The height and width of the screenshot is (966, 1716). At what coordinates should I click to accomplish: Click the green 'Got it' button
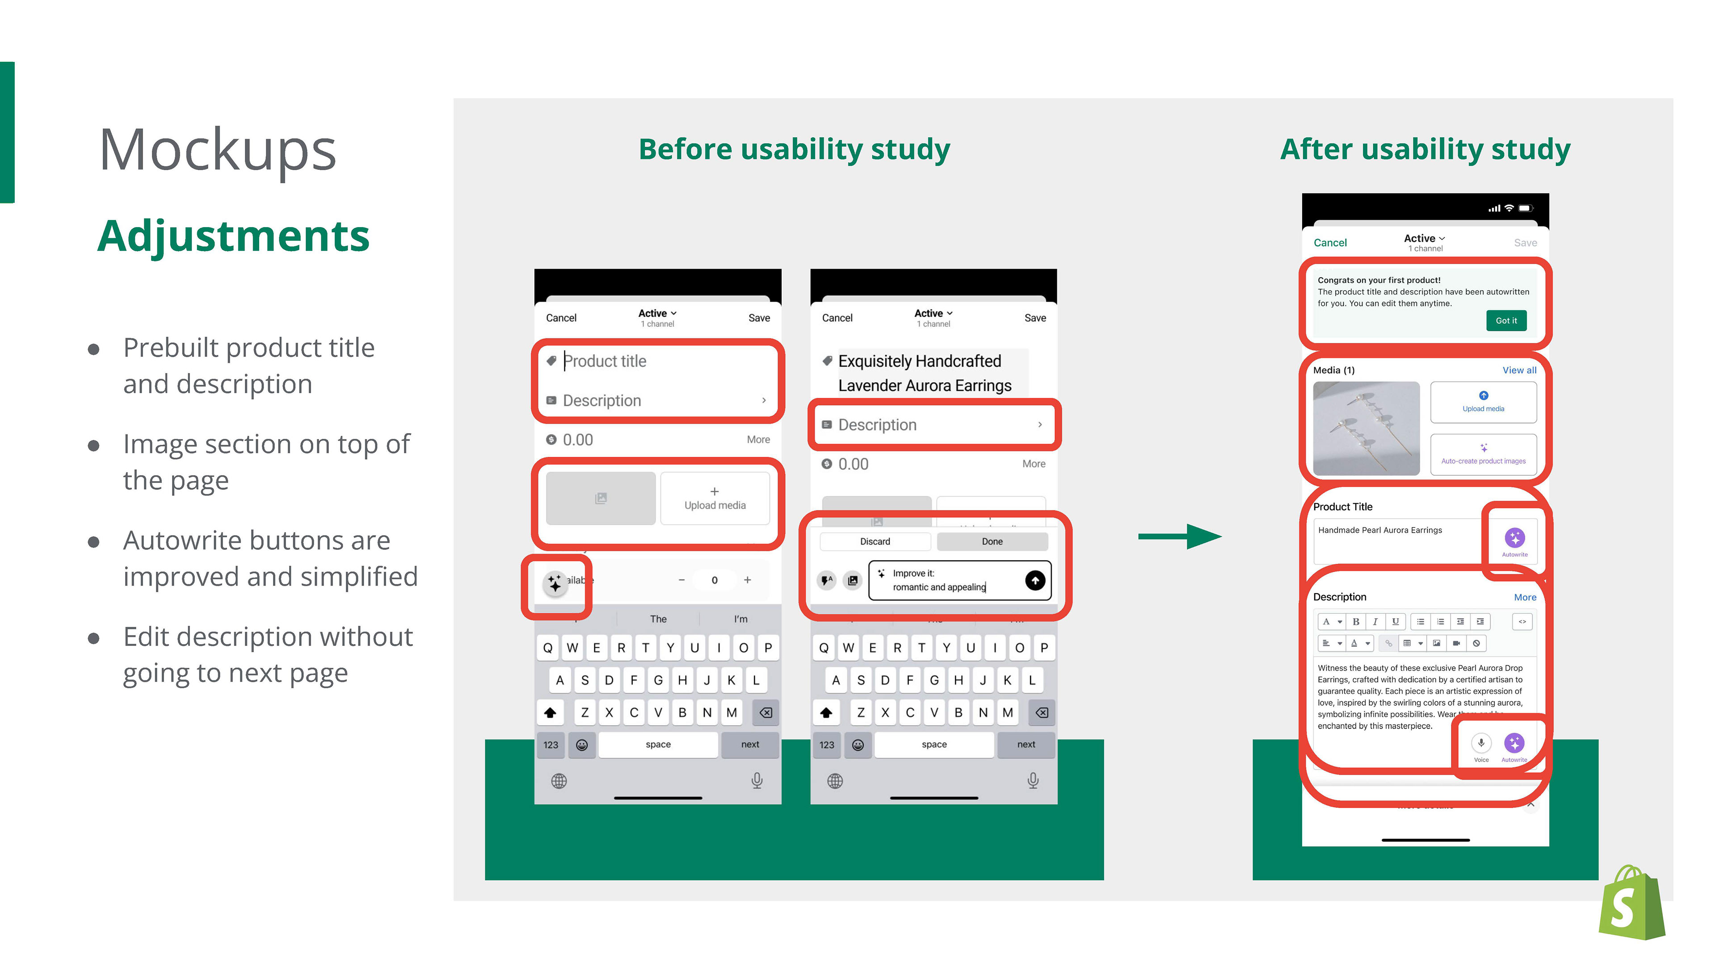pos(1506,321)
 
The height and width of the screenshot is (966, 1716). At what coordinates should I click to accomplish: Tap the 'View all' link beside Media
pos(1519,370)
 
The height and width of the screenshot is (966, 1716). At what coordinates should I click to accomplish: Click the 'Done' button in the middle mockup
pos(992,542)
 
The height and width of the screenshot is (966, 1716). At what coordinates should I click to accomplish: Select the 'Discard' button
pos(875,542)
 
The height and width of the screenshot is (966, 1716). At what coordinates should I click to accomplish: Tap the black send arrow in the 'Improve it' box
pos(1035,580)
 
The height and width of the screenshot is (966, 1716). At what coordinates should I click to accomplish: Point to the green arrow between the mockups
pos(1179,536)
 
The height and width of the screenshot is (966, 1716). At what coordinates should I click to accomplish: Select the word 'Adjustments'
pos(233,236)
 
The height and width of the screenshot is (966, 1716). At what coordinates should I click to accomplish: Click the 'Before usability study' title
pos(794,149)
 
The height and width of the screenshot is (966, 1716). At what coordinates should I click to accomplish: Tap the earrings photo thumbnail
pos(1366,428)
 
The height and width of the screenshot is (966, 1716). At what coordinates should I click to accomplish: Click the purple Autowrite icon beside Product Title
pos(1514,538)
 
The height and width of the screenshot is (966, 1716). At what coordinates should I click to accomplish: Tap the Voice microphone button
pos(1481,743)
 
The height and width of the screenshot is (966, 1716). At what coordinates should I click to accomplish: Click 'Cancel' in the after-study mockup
pos(1329,242)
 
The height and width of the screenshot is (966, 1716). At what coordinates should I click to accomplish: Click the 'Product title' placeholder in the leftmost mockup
pos(605,361)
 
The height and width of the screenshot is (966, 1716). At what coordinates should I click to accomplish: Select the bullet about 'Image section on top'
pos(266,462)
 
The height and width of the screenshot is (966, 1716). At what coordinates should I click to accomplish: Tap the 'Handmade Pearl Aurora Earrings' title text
pos(1380,530)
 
